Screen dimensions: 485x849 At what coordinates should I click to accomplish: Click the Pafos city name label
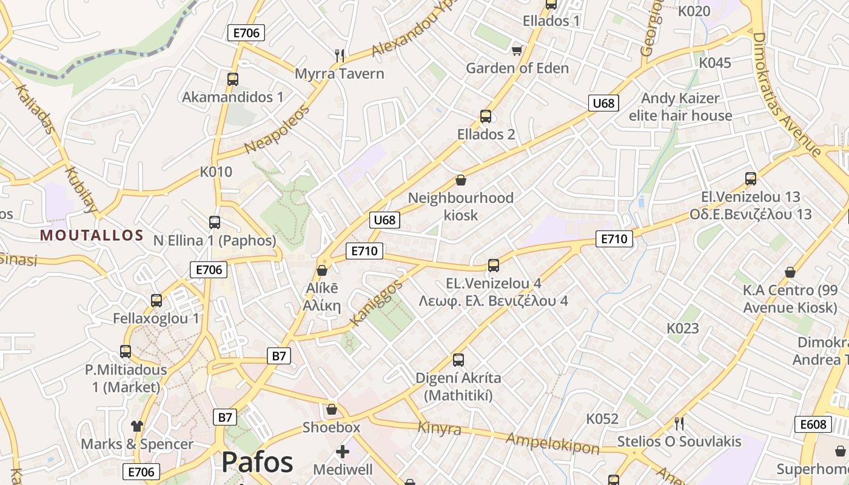coord(257,463)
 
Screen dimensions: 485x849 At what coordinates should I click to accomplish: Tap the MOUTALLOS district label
coord(92,236)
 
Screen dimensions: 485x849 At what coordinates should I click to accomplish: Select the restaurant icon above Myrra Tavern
coord(340,55)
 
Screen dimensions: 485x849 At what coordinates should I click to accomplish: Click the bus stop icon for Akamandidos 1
coord(232,79)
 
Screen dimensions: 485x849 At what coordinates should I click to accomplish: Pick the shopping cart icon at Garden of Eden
coord(517,50)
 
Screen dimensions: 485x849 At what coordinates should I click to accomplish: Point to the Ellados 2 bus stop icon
coord(485,116)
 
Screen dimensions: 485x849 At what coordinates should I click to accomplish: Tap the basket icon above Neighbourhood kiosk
coord(460,180)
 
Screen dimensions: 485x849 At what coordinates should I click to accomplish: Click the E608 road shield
coord(813,424)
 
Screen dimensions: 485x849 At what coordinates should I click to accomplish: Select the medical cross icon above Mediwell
coord(343,452)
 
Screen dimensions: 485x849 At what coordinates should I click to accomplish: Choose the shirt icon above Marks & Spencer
coord(137,426)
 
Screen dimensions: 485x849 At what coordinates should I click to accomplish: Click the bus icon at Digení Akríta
coord(458,360)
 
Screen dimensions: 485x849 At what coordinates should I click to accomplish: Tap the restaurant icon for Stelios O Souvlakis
coord(679,423)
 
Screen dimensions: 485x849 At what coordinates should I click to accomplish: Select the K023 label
coord(683,329)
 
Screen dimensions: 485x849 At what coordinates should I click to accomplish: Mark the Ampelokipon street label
coord(552,443)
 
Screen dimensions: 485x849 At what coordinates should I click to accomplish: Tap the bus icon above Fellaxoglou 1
coord(156,300)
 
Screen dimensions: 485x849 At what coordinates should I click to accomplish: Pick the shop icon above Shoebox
coord(331,409)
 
